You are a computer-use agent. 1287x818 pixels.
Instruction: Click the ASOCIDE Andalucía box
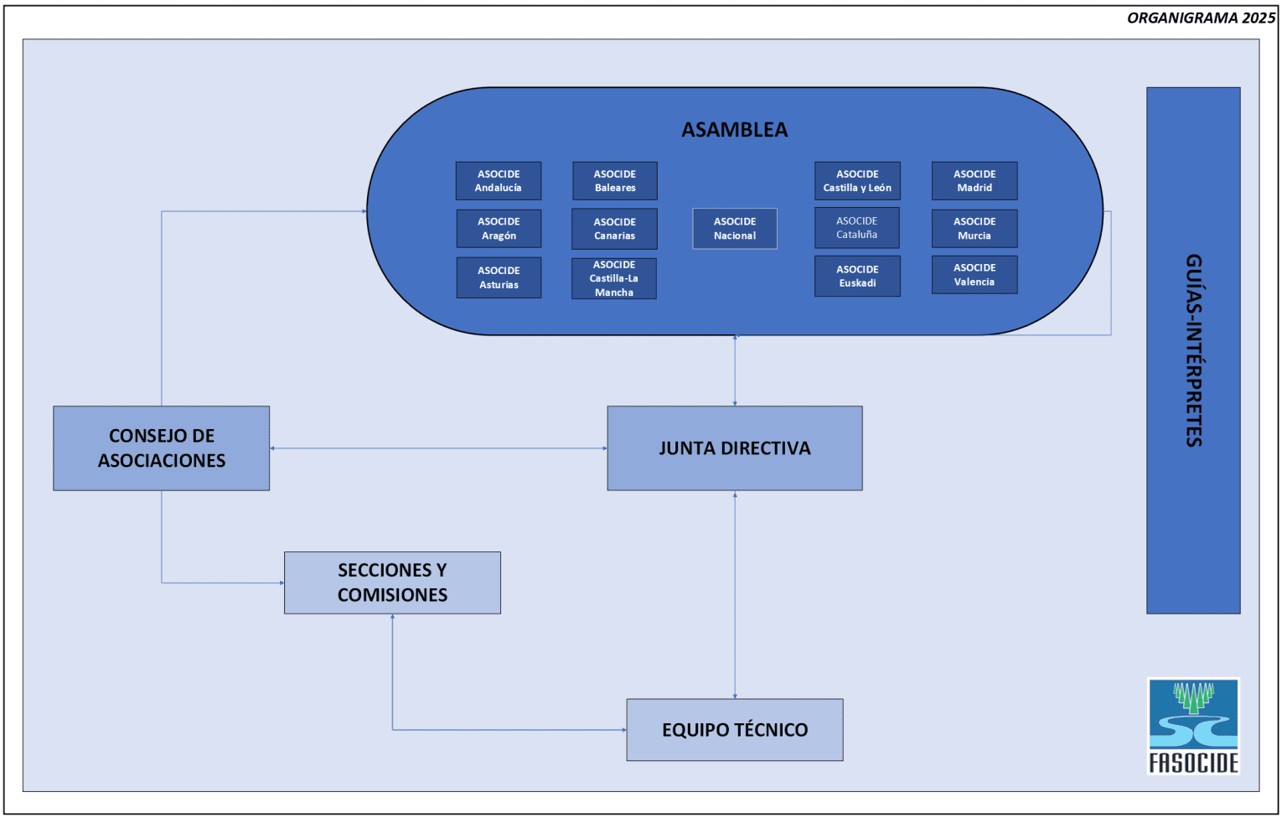click(x=499, y=181)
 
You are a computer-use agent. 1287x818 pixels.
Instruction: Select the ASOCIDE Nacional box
click(x=735, y=229)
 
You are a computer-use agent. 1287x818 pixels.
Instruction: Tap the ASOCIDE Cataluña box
click(x=856, y=228)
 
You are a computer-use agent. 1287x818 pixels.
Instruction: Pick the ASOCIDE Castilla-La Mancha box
click(x=614, y=278)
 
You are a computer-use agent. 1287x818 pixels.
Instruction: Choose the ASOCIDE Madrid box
click(x=974, y=181)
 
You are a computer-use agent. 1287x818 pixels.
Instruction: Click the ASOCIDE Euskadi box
click(x=857, y=277)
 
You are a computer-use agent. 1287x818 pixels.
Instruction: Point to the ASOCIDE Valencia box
click(x=974, y=275)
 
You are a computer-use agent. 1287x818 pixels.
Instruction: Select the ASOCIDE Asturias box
click(x=499, y=277)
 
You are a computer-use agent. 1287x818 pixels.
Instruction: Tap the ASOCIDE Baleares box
click(x=615, y=181)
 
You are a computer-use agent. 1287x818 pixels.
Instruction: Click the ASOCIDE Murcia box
click(x=974, y=229)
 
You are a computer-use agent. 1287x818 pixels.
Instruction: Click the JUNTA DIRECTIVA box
click(x=735, y=448)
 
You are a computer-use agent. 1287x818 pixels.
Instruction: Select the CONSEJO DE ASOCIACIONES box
click(x=162, y=448)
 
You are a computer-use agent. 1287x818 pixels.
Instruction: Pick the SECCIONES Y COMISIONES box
click(x=392, y=582)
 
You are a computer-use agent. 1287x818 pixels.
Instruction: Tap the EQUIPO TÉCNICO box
click(x=735, y=730)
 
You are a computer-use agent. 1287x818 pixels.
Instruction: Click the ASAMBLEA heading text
click(x=735, y=130)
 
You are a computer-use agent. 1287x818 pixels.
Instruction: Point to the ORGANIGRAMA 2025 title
click(x=1201, y=18)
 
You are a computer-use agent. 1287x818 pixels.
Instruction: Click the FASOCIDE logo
click(x=1193, y=726)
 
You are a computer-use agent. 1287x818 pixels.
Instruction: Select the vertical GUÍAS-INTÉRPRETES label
click(x=1193, y=350)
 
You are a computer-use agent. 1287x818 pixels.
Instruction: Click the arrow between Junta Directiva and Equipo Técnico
click(x=735, y=595)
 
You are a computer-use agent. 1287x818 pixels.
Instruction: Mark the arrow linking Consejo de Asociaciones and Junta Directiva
click(x=438, y=448)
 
